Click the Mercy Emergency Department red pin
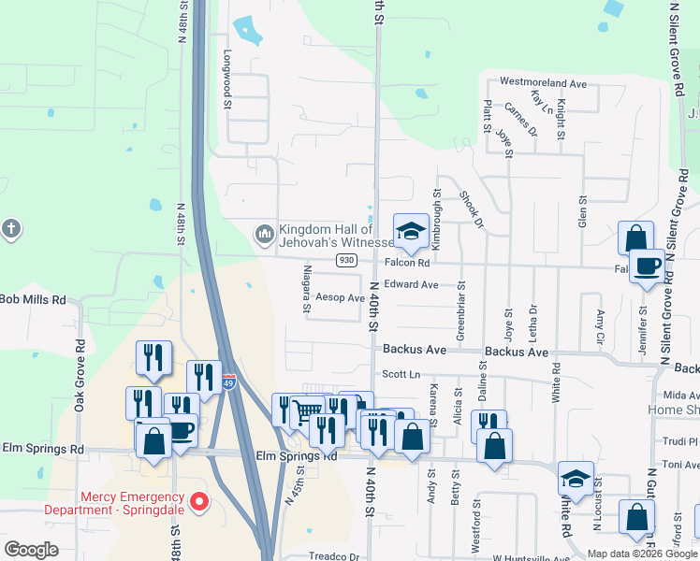[198, 503]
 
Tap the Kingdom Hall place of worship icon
[265, 233]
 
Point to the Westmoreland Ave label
[543, 83]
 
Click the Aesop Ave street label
[339, 298]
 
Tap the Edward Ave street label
[411, 284]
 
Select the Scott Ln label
[404, 374]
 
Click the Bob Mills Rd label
[33, 300]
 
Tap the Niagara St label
[306, 290]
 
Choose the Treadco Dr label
[334, 556]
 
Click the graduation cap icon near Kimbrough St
[410, 231]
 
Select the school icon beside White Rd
[576, 479]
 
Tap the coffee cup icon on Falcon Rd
[647, 266]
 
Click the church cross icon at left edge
[10, 229]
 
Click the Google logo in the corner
[31, 550]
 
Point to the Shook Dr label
[472, 209]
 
